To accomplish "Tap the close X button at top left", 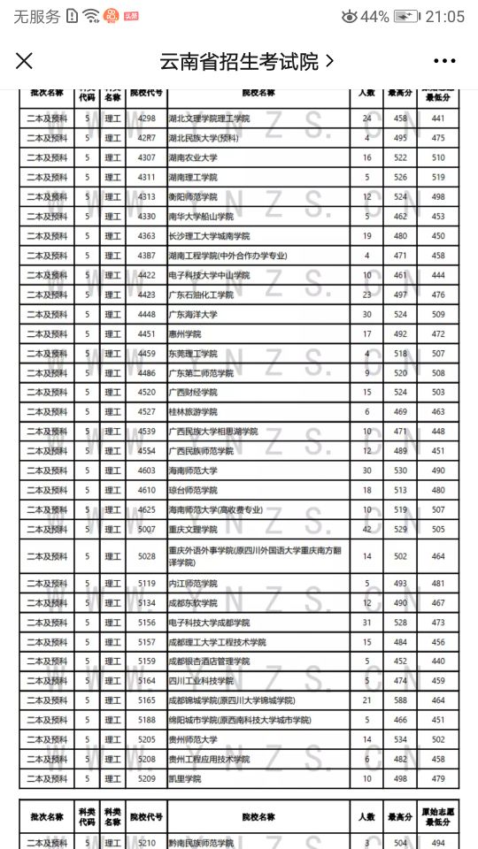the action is click(25, 61).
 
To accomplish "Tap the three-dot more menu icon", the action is click(444, 61).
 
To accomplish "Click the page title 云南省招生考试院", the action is click(239, 61).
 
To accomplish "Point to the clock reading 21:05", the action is click(444, 17).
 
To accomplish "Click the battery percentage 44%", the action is click(374, 17).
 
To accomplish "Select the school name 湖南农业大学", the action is click(192, 157).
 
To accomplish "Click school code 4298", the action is click(146, 119).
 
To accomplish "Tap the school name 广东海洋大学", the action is click(192, 314).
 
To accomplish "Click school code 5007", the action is click(146, 529).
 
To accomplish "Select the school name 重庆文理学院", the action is click(192, 529).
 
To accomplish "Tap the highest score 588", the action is click(400, 700).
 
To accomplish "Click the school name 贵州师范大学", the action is click(192, 739).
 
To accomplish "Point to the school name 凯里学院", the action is click(185, 778).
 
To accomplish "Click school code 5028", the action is click(146, 556).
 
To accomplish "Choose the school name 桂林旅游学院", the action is click(192, 411).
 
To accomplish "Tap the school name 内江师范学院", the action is click(192, 584).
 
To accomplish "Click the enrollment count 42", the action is click(366, 529).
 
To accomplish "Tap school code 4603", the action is click(146, 470).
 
